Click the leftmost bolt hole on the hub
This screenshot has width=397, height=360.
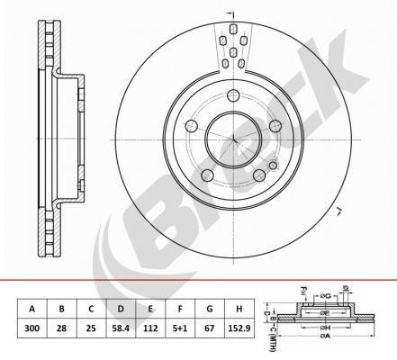(x=191, y=127)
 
